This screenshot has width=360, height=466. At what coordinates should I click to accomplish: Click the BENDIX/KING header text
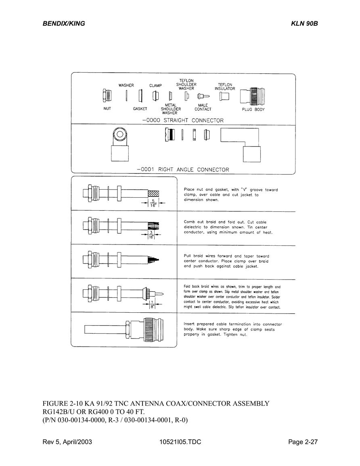[64, 23]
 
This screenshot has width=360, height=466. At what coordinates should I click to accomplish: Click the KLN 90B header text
[304, 23]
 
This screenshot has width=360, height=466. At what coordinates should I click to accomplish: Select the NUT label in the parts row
[107, 109]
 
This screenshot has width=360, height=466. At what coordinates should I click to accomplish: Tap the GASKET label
[140, 109]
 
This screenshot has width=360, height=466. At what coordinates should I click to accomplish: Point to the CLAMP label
[155, 86]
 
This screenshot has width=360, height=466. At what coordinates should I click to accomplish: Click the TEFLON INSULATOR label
[225, 86]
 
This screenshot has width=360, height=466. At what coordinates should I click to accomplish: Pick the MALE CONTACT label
[203, 107]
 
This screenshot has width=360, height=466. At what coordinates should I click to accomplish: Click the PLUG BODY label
[253, 109]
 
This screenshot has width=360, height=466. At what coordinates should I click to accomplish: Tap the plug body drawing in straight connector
[252, 96]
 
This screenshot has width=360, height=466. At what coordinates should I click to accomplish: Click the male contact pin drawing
[203, 96]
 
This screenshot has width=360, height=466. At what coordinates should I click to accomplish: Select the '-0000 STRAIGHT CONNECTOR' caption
[183, 120]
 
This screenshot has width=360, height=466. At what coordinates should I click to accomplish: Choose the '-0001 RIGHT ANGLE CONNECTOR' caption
[183, 169]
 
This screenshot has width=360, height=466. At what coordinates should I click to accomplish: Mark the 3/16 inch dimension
[151, 235]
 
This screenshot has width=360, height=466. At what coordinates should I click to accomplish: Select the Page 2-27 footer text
[303, 442]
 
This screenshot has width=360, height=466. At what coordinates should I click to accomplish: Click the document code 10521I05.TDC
[180, 442]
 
